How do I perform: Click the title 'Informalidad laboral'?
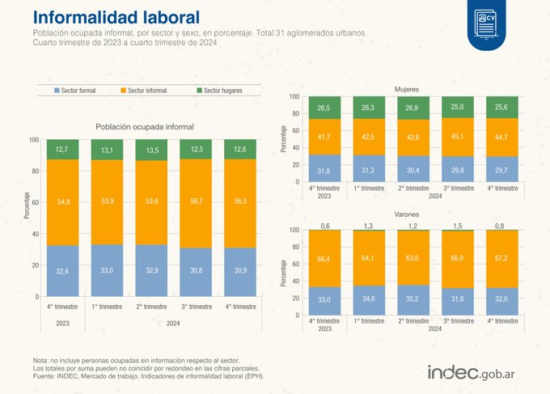[118, 17]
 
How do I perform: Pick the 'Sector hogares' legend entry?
[219, 91]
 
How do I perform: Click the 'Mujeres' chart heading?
[406, 88]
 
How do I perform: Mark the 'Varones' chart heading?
[406, 216]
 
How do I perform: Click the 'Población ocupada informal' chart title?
[145, 127]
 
